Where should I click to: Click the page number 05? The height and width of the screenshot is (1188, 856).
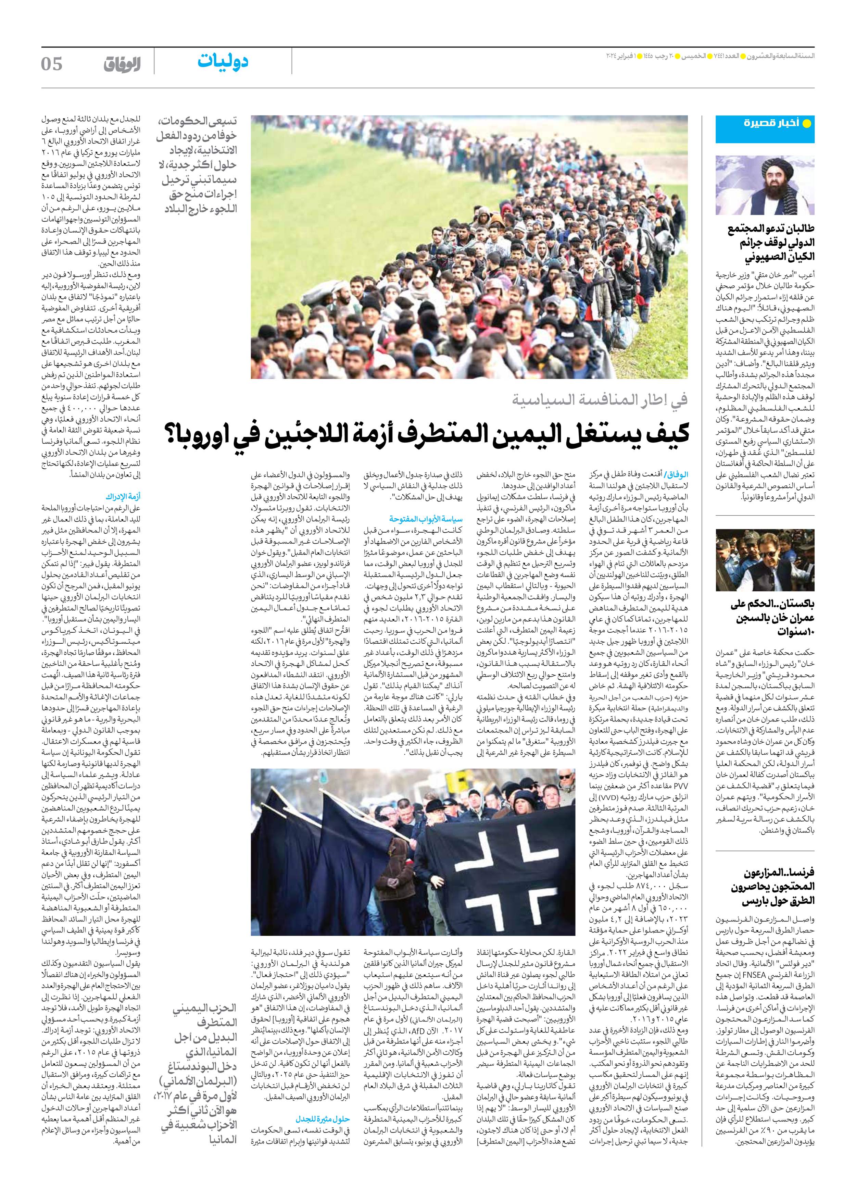coord(52,64)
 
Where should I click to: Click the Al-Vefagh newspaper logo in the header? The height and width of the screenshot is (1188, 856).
coord(122,64)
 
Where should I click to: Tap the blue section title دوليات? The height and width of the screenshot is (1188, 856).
coord(223,62)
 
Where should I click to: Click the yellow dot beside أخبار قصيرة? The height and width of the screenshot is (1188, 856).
coord(807,124)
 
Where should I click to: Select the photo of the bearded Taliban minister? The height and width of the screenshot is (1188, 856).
coord(765,185)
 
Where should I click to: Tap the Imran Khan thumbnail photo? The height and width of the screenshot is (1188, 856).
coord(765,560)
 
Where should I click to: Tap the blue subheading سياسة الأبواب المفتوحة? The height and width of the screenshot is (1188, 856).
coord(426,519)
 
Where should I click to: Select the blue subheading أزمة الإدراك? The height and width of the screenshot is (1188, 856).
coord(123,496)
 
